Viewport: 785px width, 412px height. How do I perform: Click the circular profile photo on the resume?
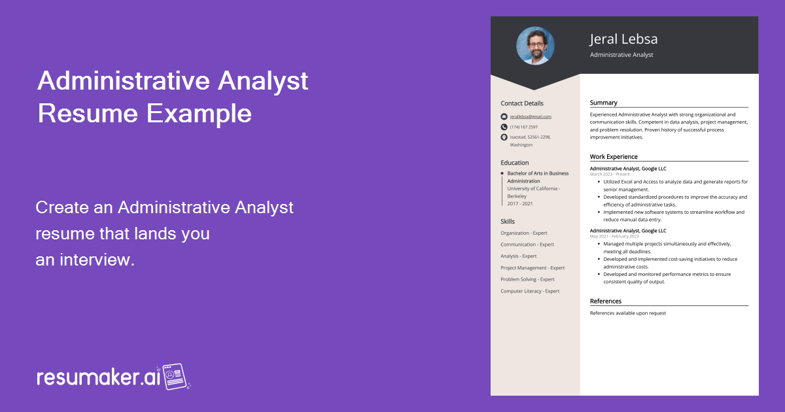[535, 46]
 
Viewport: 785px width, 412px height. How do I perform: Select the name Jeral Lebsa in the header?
[623, 39]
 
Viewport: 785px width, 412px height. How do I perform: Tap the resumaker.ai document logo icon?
[175, 377]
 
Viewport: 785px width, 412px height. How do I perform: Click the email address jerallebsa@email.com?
[531, 116]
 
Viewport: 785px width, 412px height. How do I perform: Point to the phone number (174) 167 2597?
[523, 127]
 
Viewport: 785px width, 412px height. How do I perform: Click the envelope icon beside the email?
[504, 116]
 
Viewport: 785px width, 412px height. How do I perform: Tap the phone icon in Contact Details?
[504, 127]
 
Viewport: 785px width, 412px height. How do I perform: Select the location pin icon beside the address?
[504, 137]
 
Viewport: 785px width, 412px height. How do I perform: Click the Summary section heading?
[603, 103]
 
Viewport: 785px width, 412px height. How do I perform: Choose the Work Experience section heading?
[614, 157]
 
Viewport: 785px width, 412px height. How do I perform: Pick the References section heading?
[606, 301]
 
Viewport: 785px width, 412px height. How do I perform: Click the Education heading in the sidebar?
[515, 163]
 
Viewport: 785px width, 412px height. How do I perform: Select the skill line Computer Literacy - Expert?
[530, 291]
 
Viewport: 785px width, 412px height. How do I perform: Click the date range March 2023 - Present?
[610, 175]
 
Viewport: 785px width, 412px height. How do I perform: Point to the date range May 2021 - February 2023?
[614, 236]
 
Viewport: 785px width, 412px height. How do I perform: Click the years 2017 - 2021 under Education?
[520, 203]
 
